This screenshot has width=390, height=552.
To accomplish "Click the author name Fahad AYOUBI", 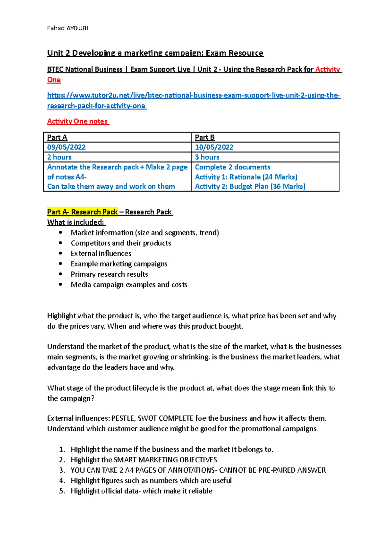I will (68, 28).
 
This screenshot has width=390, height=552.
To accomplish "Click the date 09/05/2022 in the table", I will (66, 147).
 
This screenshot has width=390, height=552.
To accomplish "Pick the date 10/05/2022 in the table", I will (214, 147).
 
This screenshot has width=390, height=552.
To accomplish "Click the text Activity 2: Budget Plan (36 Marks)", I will (250, 187).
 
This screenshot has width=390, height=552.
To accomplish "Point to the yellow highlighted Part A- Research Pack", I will (83, 212).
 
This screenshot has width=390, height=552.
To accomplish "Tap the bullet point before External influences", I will (60, 253).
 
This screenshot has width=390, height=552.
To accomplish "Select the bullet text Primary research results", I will (109, 274).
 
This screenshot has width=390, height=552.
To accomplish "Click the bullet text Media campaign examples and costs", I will (129, 285).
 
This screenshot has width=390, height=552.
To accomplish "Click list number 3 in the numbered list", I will (62, 470).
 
